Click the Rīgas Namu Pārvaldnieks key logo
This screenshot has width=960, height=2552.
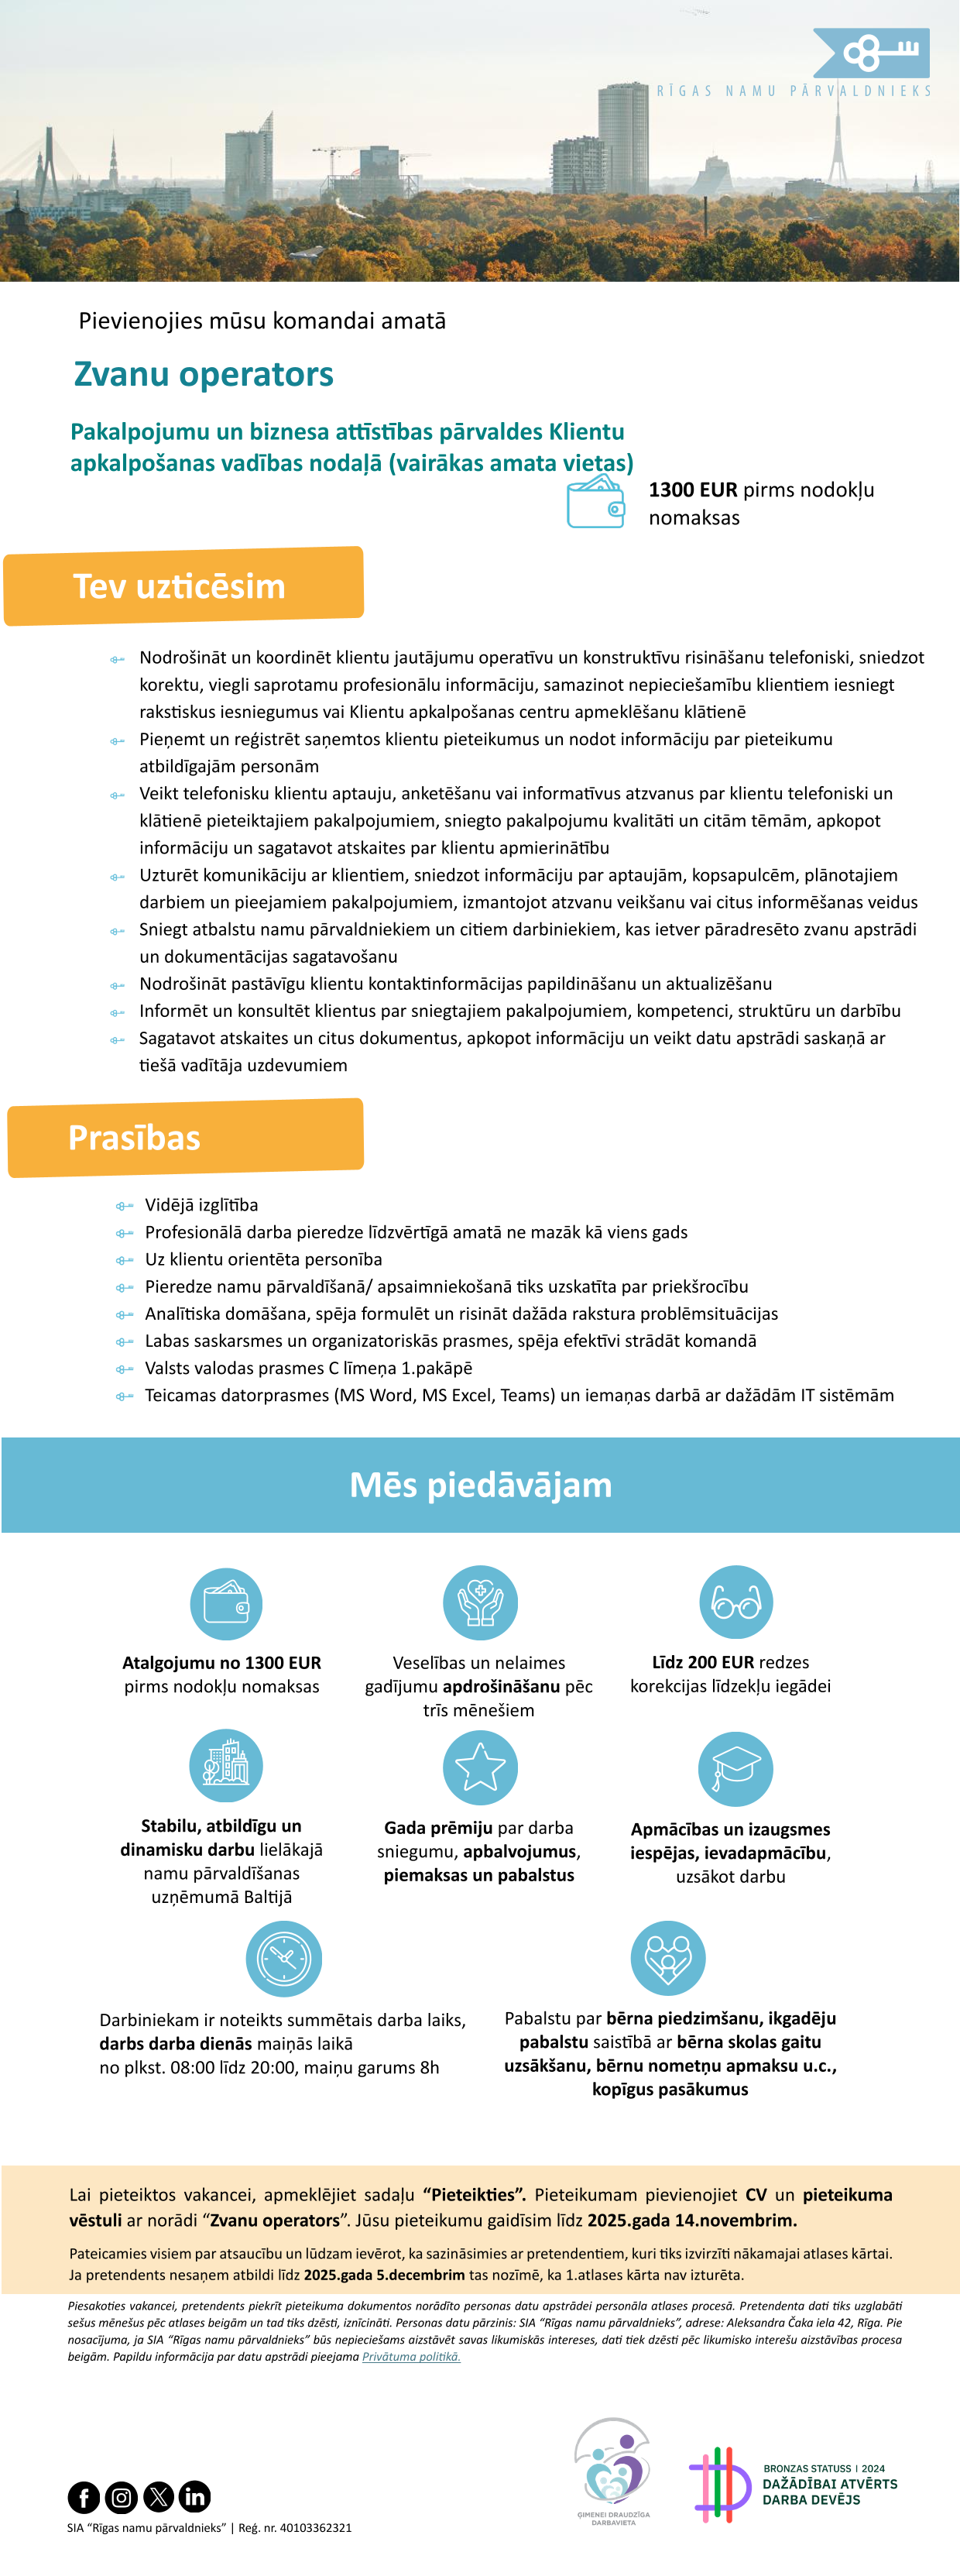(x=871, y=53)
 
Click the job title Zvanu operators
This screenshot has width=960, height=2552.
(x=203, y=375)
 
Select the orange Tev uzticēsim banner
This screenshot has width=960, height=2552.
(x=183, y=586)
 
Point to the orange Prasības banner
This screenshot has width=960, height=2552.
(x=185, y=1137)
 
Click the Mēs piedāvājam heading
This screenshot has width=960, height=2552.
(x=481, y=1485)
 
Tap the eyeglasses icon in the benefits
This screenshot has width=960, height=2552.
(x=735, y=1602)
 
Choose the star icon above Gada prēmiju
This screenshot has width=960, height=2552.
(x=479, y=1767)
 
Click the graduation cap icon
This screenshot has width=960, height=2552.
(x=735, y=1768)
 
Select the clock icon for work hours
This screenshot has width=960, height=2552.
(x=283, y=1959)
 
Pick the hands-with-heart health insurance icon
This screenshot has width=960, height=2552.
(x=479, y=1602)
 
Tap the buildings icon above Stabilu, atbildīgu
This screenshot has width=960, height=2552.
(x=226, y=1765)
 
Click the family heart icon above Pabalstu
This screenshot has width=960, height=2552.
(x=667, y=1958)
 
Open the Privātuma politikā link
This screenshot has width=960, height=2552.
(x=411, y=2357)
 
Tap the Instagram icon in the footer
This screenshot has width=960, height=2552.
(x=121, y=2496)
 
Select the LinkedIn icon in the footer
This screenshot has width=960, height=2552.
(x=195, y=2496)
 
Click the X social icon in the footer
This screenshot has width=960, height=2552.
(x=159, y=2496)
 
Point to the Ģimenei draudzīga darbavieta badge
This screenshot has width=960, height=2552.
(x=613, y=2471)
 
